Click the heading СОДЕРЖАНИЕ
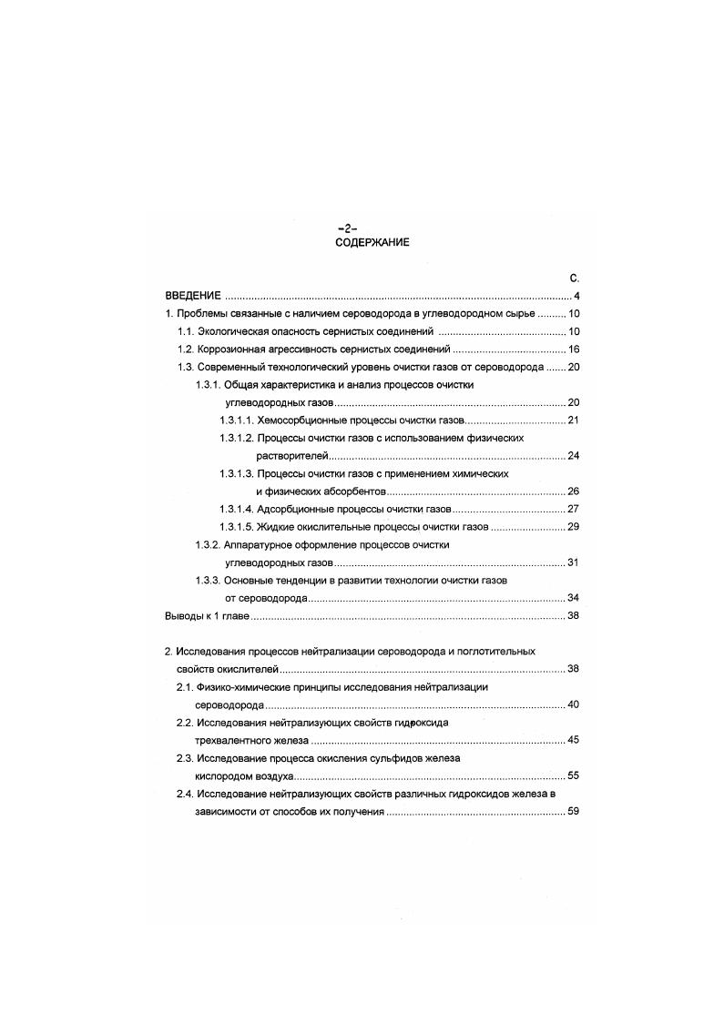pyautogui.click(x=372, y=243)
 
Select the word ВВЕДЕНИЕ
pyautogui.click(x=193, y=297)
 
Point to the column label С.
pyautogui.click(x=574, y=279)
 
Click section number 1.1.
pyautogui.click(x=186, y=332)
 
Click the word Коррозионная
pyautogui.click(x=229, y=349)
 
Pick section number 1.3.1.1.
pyautogui.click(x=236, y=420)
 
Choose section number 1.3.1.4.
pyautogui.click(x=237, y=510)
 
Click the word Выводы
pyautogui.click(x=182, y=616)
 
